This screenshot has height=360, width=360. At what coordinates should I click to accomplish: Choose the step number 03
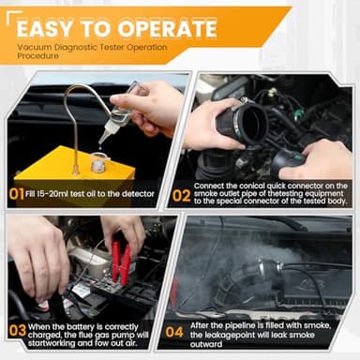click(18, 331)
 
